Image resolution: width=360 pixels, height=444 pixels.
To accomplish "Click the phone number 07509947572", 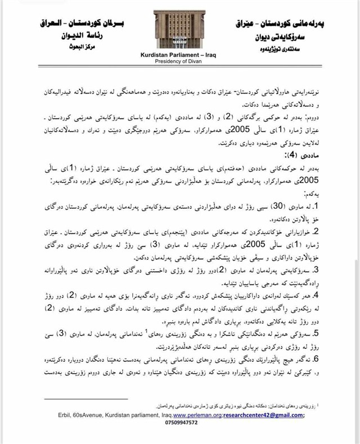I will (177, 423).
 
